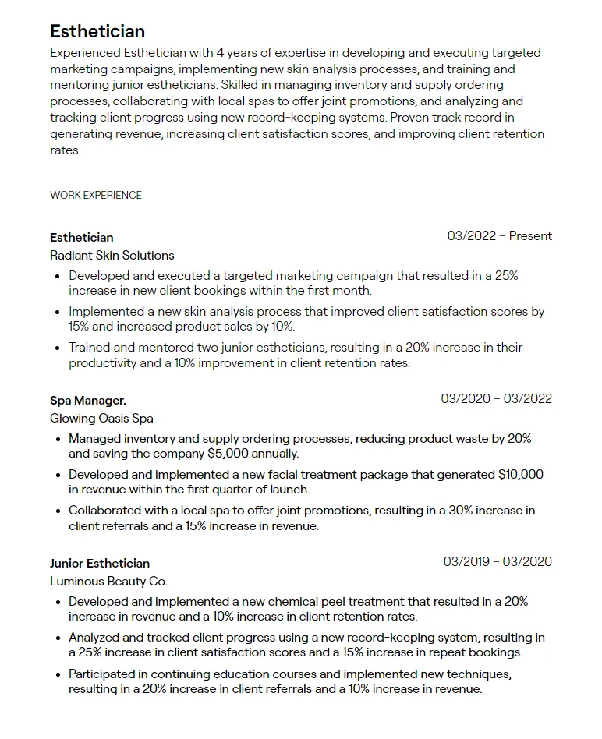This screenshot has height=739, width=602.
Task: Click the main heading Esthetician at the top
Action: (x=97, y=31)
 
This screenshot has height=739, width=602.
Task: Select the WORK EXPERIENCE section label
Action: (x=96, y=195)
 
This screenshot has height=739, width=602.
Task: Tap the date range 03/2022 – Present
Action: (x=499, y=235)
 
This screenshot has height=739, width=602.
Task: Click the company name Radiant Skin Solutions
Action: (x=112, y=255)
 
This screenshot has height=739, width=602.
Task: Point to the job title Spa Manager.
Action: (x=88, y=400)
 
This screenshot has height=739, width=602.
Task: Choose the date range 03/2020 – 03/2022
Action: (x=496, y=398)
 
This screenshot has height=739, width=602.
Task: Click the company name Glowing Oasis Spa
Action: (x=101, y=418)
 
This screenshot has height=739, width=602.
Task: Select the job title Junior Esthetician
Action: (x=100, y=563)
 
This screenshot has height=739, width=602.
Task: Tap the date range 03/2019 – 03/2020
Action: (x=498, y=561)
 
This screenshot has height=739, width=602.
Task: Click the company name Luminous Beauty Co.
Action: (x=108, y=581)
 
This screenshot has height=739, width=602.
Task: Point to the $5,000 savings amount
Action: (x=228, y=453)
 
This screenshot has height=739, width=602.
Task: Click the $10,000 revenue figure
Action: (x=521, y=474)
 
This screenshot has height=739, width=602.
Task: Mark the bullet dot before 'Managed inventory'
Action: (x=58, y=439)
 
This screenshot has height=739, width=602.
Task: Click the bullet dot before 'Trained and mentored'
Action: (x=58, y=348)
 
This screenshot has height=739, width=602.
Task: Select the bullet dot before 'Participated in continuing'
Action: (x=58, y=674)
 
